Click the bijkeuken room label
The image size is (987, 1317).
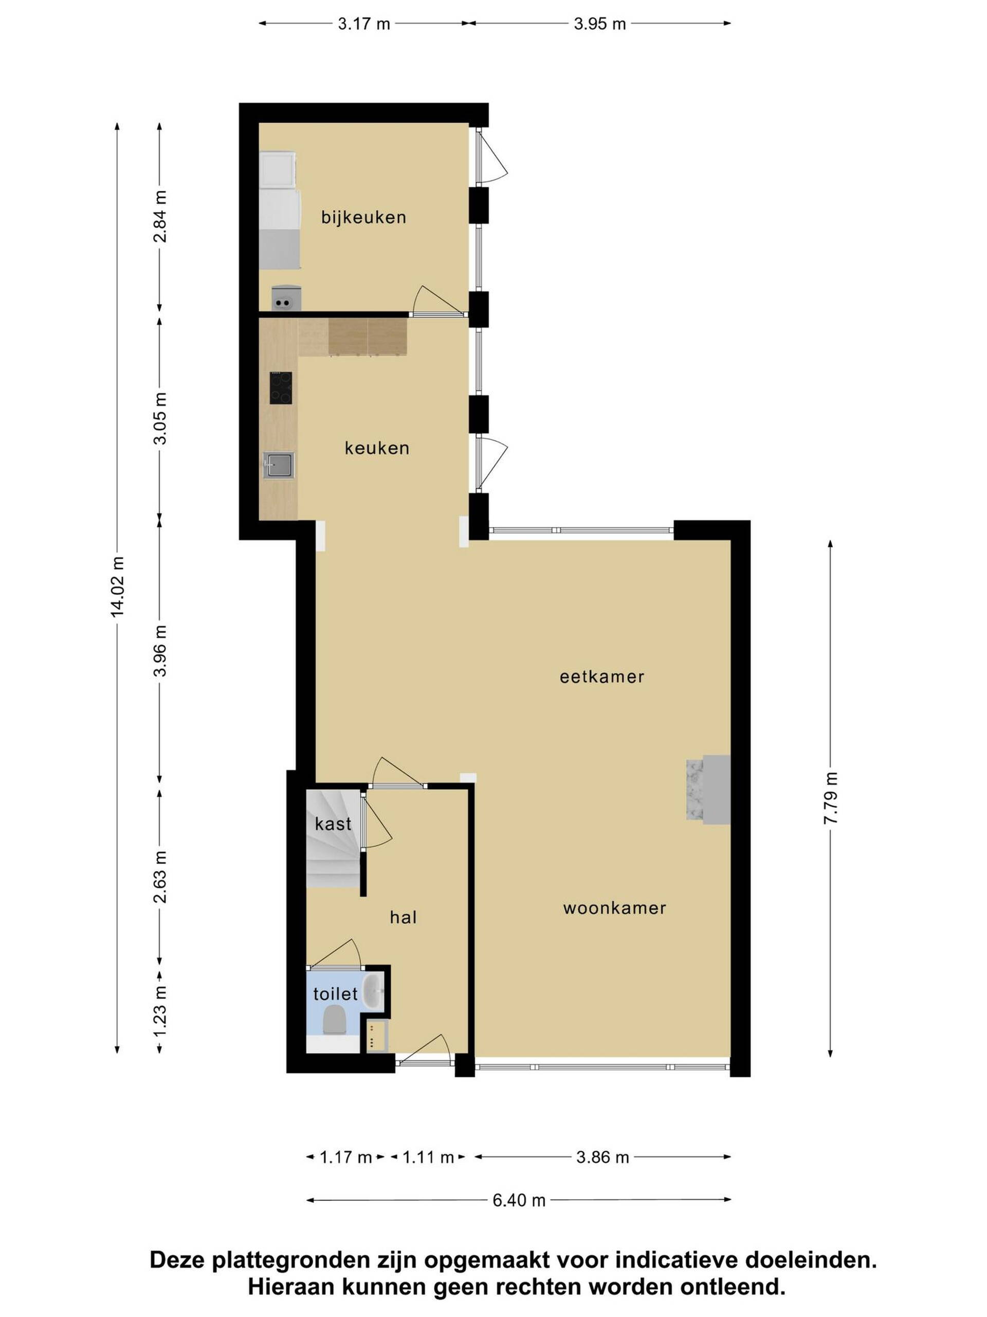(x=363, y=217)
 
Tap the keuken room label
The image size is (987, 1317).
(x=377, y=448)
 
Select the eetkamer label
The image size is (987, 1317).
(x=602, y=677)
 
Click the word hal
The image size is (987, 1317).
(x=404, y=917)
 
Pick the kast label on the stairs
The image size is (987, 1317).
(x=333, y=824)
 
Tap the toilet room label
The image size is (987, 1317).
(x=336, y=994)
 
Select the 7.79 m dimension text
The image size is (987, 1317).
(x=831, y=798)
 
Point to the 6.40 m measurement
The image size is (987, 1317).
(x=519, y=1200)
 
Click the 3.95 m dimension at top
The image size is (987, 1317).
(x=600, y=24)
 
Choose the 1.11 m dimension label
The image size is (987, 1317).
(x=428, y=1158)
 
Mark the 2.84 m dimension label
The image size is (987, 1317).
(x=160, y=217)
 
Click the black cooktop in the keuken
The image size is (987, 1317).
(x=281, y=388)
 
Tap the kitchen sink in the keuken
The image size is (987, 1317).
(x=279, y=465)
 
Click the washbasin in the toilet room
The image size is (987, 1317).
(x=374, y=992)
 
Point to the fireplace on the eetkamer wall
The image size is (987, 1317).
(x=708, y=790)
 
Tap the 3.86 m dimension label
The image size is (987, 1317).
(x=602, y=1158)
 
